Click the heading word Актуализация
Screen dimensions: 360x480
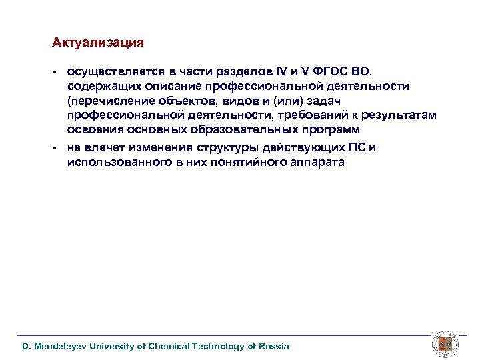98,43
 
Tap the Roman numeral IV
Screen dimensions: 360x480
283,72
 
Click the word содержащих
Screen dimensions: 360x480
99,86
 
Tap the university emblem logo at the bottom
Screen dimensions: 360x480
443,343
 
